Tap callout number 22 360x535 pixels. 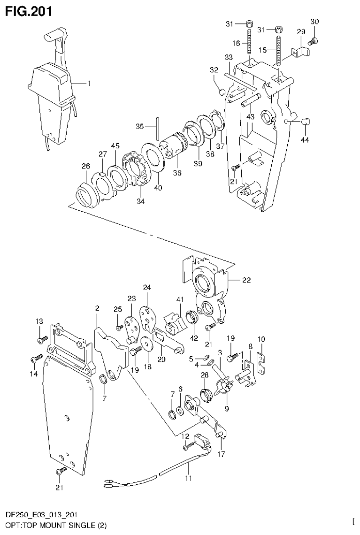(246, 281)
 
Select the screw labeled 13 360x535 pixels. (42, 338)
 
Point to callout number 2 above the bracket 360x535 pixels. (97, 308)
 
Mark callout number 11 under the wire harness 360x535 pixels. (188, 479)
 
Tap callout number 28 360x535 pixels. (204, 374)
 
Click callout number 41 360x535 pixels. (179, 299)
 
